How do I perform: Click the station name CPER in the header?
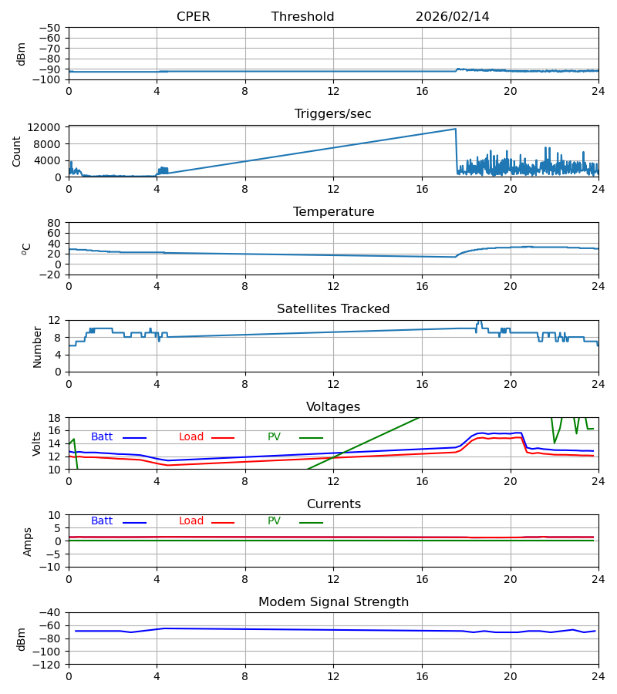pos(193,17)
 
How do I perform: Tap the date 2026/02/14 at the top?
pos(452,17)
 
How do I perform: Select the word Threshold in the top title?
pos(302,17)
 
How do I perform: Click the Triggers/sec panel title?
pos(332,114)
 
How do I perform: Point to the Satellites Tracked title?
pos(333,309)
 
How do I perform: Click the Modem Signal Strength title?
pos(333,602)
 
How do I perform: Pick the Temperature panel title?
pos(333,212)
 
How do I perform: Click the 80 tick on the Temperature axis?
pos(54,223)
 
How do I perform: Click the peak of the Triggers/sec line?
pos(455,129)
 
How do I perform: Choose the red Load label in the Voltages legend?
pos(191,437)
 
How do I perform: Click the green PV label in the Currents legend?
pos(274,521)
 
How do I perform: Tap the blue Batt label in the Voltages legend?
pos(102,437)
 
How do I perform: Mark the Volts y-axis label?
pos(37,443)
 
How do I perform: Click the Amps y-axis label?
pos(28,541)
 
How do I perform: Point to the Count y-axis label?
pos(17,151)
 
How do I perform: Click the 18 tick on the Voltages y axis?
pos(54,418)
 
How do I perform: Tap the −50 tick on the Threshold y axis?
pos(51,28)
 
